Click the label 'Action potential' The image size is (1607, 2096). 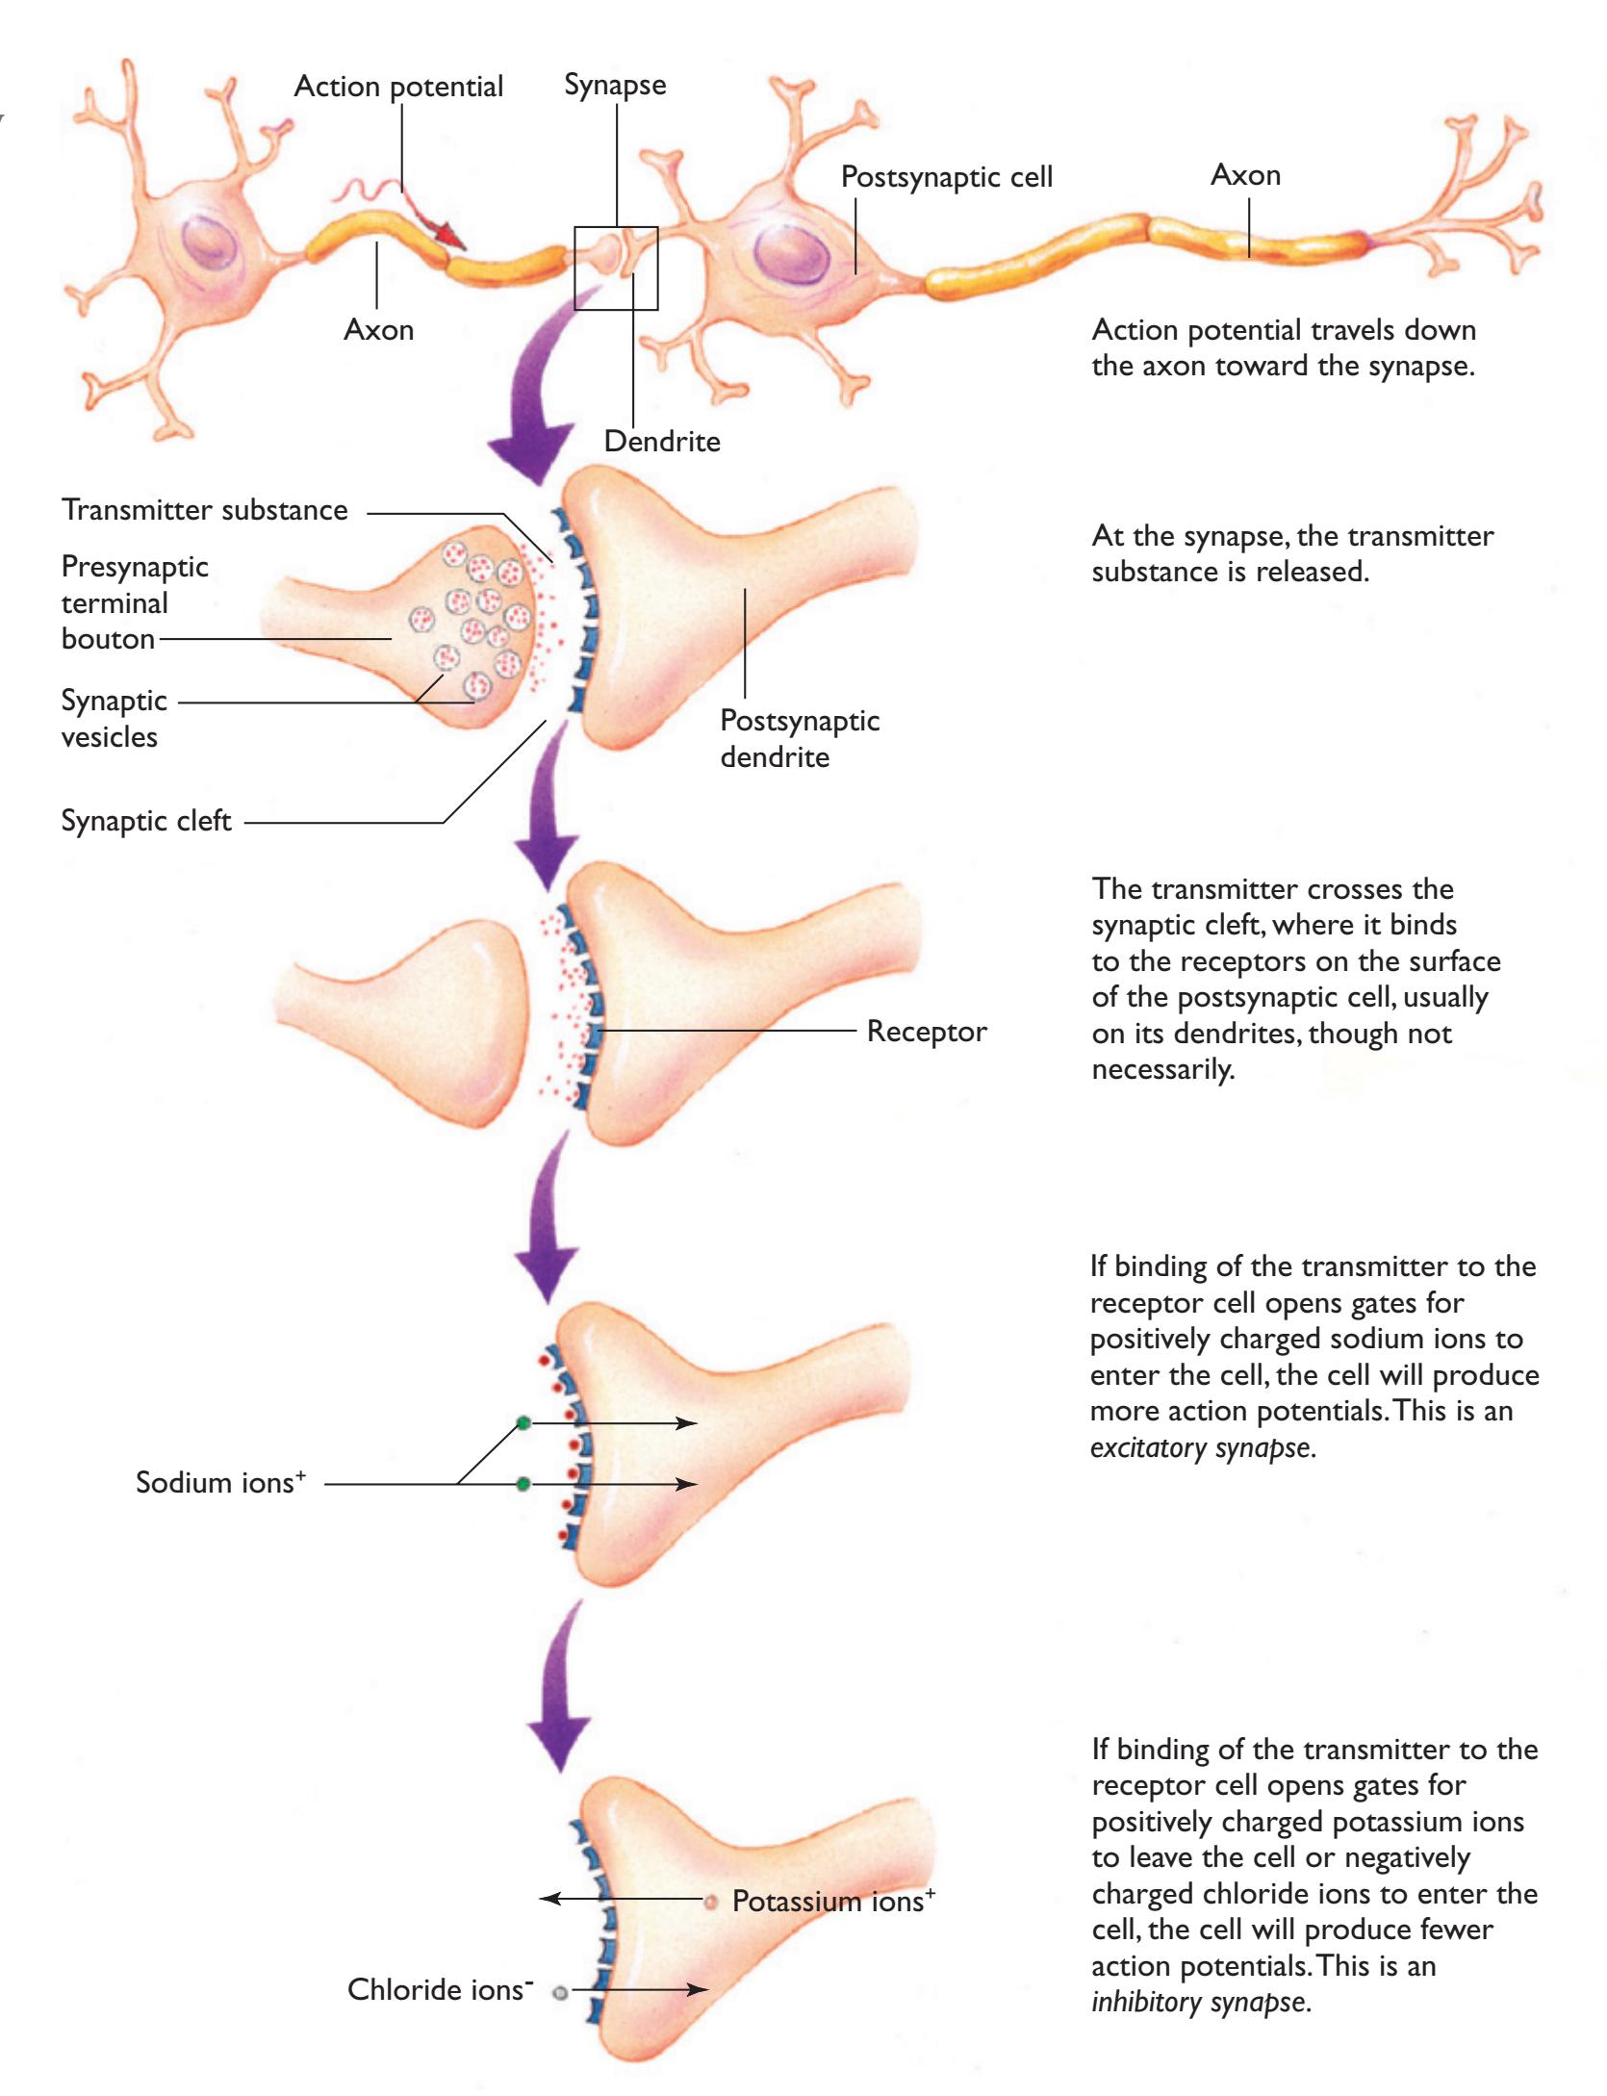(398, 87)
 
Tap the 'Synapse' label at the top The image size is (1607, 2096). (615, 85)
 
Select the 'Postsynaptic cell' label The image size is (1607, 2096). (947, 177)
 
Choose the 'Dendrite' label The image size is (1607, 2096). (662, 442)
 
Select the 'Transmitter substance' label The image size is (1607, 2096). (205, 510)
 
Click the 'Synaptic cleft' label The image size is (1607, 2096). (146, 821)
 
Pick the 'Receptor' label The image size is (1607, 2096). (927, 1032)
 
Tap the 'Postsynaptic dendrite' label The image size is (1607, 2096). (800, 738)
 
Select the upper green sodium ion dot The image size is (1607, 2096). (523, 1423)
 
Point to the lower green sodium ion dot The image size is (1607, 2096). (523, 1484)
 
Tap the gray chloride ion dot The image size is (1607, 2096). (559, 1993)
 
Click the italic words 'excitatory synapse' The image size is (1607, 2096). (1202, 1447)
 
